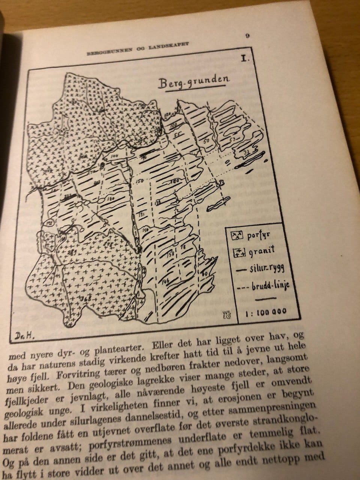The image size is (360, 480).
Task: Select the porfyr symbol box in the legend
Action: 237,235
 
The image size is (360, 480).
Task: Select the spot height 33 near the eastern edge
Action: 246,153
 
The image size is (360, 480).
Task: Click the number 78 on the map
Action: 183,248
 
